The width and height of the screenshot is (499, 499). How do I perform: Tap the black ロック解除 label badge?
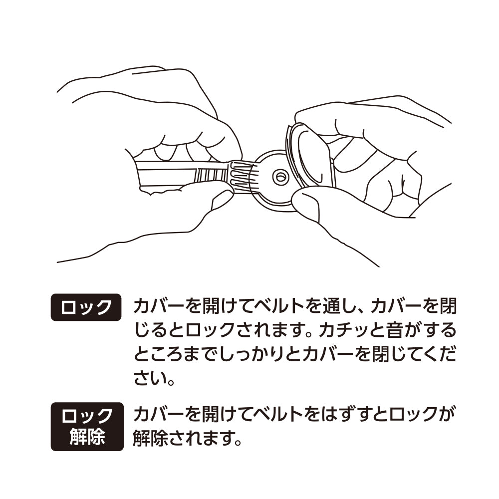87,426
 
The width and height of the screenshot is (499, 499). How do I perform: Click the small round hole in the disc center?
279,176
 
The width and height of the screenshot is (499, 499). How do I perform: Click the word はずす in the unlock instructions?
348,414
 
